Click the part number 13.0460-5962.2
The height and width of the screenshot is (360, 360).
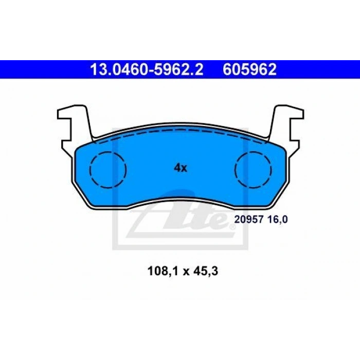[147, 69]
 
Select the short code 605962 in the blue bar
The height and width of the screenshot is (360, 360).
[249, 69]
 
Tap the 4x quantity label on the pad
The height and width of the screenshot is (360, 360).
[181, 168]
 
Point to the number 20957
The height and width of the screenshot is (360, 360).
[248, 220]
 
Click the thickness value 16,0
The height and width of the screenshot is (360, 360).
[277, 220]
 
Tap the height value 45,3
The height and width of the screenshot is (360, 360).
[206, 271]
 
